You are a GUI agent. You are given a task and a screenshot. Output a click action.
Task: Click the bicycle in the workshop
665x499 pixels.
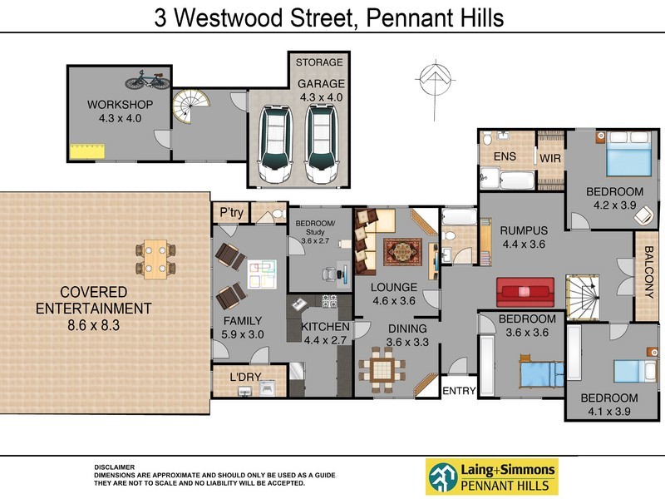click(x=147, y=81)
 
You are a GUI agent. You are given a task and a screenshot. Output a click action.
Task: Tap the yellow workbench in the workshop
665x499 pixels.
click(x=86, y=151)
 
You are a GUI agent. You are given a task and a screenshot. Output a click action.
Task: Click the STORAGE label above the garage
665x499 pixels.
click(x=319, y=62)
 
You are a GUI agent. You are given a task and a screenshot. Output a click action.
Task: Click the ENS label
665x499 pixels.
click(x=505, y=156)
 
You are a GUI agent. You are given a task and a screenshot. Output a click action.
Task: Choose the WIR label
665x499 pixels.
click(x=550, y=157)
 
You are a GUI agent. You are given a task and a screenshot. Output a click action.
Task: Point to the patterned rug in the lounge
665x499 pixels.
click(x=402, y=251)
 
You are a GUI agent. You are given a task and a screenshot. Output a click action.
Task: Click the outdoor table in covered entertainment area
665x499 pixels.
click(x=155, y=258)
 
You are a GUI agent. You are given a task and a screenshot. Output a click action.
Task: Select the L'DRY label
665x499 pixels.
click(x=245, y=378)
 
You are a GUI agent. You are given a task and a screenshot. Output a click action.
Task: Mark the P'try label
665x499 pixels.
click(x=231, y=213)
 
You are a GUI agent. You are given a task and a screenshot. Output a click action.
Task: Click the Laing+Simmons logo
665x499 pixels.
click(x=491, y=477)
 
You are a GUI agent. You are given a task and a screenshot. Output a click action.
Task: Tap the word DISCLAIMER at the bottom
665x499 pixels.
click(x=114, y=467)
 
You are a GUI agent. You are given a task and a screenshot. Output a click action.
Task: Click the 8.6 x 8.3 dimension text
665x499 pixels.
click(x=93, y=325)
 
